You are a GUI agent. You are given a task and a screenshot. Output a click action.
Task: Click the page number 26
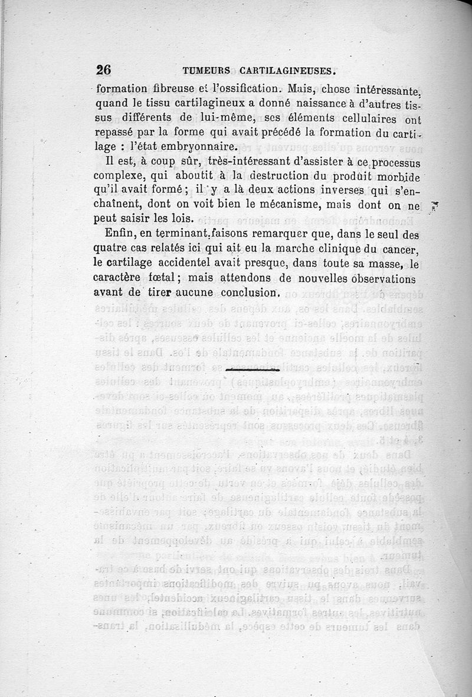tap(103, 70)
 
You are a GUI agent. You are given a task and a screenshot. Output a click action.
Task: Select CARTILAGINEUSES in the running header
tap(288, 71)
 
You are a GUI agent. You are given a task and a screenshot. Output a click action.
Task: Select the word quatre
tap(112, 248)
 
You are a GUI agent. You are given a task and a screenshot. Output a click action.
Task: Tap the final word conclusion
tap(249, 292)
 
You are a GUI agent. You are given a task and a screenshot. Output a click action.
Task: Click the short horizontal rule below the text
tap(252, 370)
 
